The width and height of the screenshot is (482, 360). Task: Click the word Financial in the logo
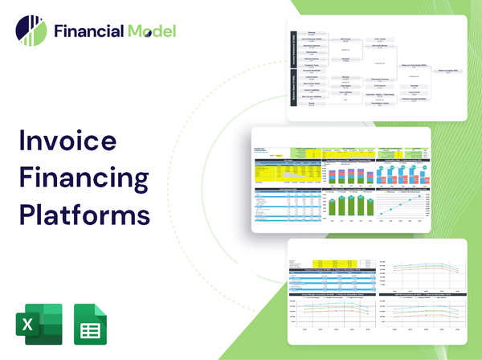click(x=88, y=32)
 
